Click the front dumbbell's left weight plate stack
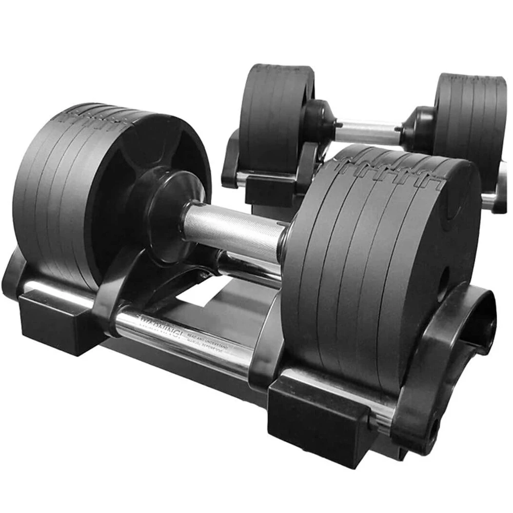coord(77,195)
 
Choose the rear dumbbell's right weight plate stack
coord(469,123)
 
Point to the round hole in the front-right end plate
coord(444,278)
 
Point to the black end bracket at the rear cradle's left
coord(231,159)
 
